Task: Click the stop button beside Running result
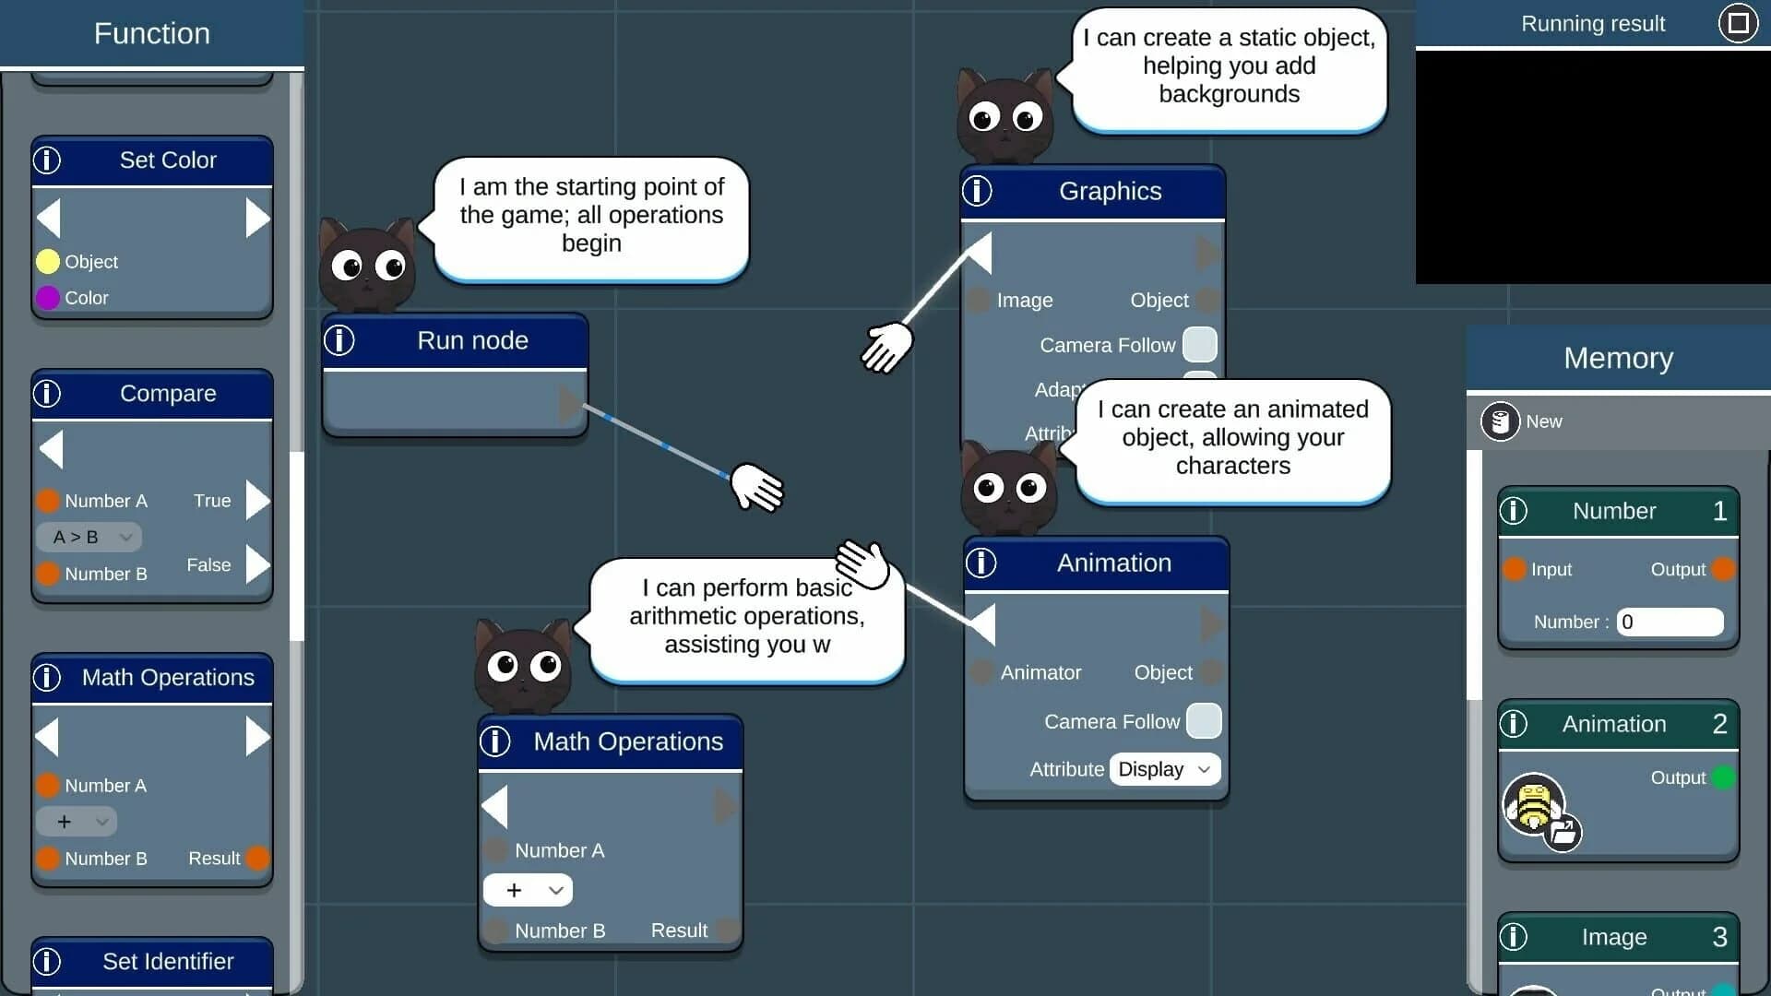[1738, 23]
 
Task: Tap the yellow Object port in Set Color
[48, 262]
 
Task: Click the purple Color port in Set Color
[48, 298]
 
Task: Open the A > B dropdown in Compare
[89, 537]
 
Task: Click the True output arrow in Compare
[257, 501]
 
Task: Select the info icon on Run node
[339, 340]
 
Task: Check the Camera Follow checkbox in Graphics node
[1199, 345]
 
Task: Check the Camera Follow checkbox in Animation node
[1203, 721]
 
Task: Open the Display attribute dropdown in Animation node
[1164, 769]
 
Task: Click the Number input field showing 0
[1670, 622]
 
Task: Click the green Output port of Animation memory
[1722, 777]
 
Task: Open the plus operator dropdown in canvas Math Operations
[528, 890]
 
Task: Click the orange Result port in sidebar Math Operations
[257, 859]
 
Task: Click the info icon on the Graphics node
[977, 191]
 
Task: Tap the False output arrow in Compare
[257, 565]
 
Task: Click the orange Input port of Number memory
[1514, 569]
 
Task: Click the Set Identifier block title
[167, 961]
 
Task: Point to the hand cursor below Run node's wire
[756, 487]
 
